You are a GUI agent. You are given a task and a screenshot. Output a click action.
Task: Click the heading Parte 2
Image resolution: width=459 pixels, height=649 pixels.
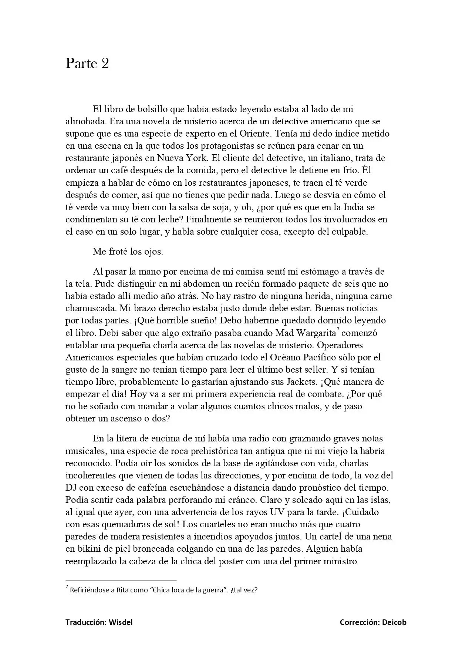pyautogui.click(x=87, y=64)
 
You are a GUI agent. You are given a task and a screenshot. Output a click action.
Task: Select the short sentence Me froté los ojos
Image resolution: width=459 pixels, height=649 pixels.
pyautogui.click(x=128, y=252)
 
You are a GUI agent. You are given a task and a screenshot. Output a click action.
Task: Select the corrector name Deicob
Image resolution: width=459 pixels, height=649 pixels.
pyautogui.click(x=394, y=622)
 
